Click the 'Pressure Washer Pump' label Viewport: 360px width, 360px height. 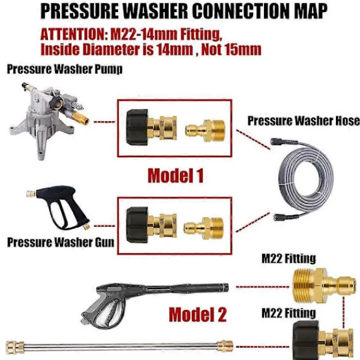click(65, 70)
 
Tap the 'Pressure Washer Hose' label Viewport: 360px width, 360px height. click(304, 121)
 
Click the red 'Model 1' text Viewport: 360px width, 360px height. click(175, 176)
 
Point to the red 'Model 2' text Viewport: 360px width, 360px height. click(197, 314)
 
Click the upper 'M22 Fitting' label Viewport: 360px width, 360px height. click(289, 259)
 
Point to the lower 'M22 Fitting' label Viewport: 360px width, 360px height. click(288, 313)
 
